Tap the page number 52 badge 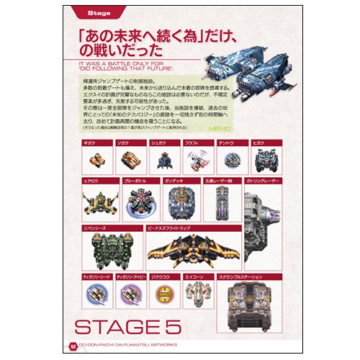point(73,346)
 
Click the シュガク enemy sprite point(161,158)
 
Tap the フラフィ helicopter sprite point(195,158)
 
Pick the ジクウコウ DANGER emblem point(163,294)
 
